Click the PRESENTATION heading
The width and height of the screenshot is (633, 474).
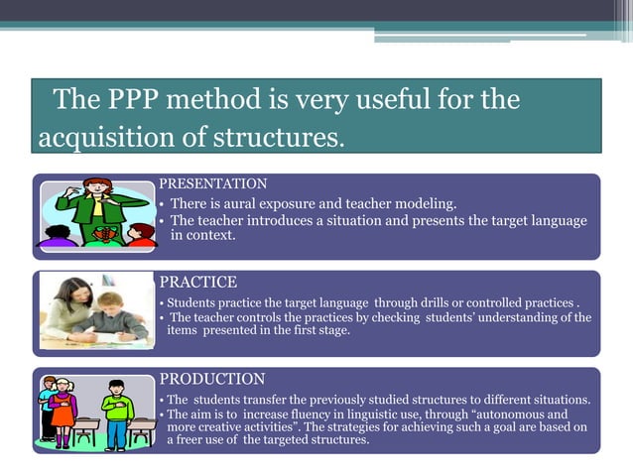click(213, 183)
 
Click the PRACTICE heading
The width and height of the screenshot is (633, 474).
click(198, 282)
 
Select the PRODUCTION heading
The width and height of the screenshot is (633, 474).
click(212, 379)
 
